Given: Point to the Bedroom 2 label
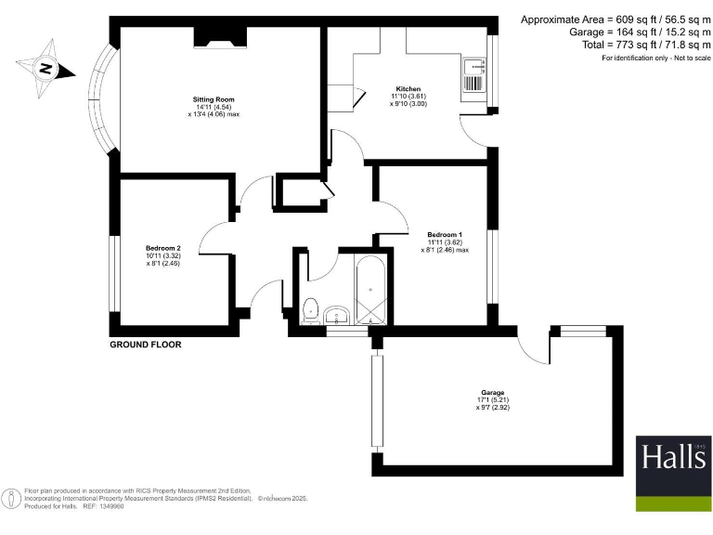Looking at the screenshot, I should click(x=162, y=248).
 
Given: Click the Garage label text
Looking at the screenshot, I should click(x=493, y=393).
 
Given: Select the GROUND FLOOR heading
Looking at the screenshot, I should click(x=145, y=345).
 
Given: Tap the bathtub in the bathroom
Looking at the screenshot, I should click(x=372, y=289).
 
